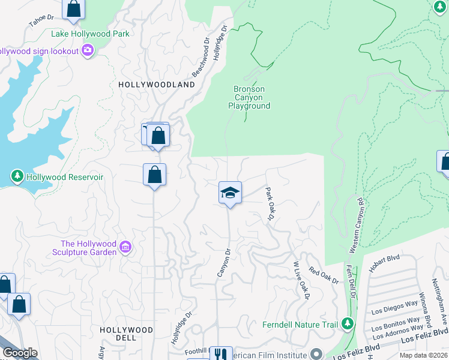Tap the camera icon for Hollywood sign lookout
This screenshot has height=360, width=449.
tap(88, 50)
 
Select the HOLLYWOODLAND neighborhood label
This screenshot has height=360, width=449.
tap(157, 85)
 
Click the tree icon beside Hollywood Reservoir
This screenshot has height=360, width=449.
tap(17, 176)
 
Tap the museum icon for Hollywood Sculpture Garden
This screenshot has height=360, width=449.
tap(125, 247)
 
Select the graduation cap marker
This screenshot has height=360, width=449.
tap(230, 193)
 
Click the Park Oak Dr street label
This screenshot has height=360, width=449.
tap(270, 203)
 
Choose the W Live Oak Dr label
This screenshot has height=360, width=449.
tap(300, 280)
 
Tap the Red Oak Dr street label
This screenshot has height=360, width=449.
tap(324, 277)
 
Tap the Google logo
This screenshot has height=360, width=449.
tap(19, 353)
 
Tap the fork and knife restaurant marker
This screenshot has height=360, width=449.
tap(221, 354)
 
